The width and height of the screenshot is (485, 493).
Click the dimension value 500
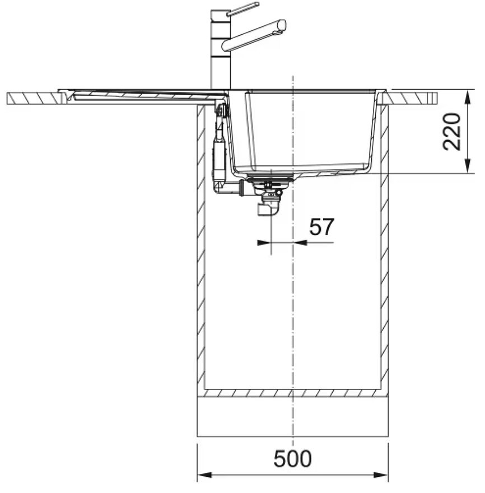292,458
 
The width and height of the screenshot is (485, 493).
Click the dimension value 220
452,132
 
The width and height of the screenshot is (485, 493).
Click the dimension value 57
321,227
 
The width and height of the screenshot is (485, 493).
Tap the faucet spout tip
282,25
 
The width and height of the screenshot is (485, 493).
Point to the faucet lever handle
243,9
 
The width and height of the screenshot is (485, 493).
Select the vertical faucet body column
220,50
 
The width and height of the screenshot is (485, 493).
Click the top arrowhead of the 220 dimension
468,98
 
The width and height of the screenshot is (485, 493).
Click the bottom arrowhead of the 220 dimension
468,165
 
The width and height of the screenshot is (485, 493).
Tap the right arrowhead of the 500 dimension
380,475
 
